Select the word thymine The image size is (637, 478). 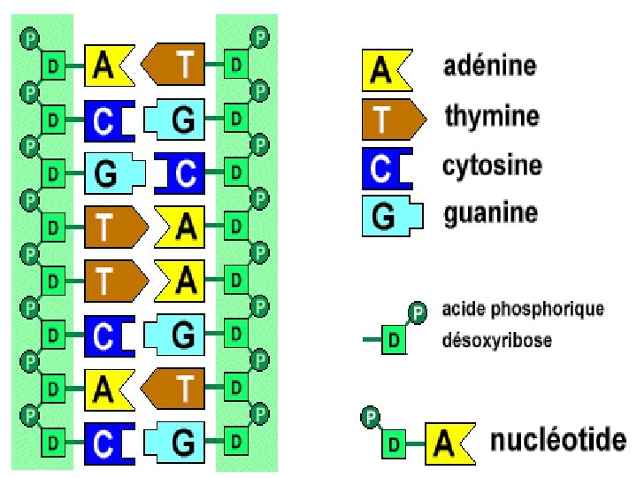click(x=492, y=116)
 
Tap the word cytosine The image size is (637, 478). click(x=493, y=166)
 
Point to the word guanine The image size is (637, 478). click(x=489, y=213)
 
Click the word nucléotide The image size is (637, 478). click(x=558, y=440)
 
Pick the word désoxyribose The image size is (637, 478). click(x=496, y=340)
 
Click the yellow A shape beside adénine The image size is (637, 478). click(x=385, y=71)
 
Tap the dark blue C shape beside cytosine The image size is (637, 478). click(x=385, y=168)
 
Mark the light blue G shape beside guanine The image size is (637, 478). click(x=388, y=217)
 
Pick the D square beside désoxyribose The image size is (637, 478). click(x=393, y=340)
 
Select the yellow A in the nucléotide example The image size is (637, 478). click(x=451, y=442)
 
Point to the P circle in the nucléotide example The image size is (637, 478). click(x=371, y=413)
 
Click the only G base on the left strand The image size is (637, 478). click(x=112, y=173)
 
